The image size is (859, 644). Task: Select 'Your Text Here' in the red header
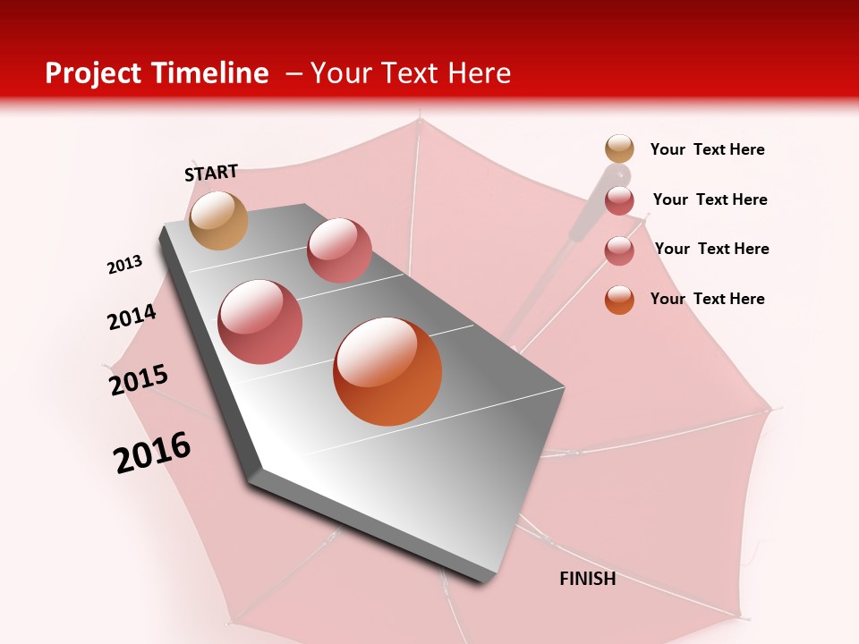coord(411,73)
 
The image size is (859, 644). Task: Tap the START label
coord(211,173)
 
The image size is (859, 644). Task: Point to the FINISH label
coord(587,579)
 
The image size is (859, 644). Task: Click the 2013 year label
coord(124,265)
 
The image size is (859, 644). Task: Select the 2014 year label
coord(132,318)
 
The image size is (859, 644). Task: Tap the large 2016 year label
coord(152,453)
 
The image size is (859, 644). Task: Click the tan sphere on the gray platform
coord(218,220)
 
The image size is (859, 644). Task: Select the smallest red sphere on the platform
coord(339,250)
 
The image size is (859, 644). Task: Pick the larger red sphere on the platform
coord(260,322)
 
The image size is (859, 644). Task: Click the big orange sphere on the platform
coord(387,371)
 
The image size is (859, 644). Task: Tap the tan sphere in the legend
coord(619,149)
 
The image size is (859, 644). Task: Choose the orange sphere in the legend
coord(619,300)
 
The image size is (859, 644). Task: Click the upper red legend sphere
coord(619,200)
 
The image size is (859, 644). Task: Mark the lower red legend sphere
coord(619,250)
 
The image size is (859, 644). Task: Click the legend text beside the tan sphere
coord(707,149)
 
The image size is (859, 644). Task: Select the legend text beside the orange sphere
coord(707,299)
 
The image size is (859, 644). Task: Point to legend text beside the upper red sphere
coord(710,199)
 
